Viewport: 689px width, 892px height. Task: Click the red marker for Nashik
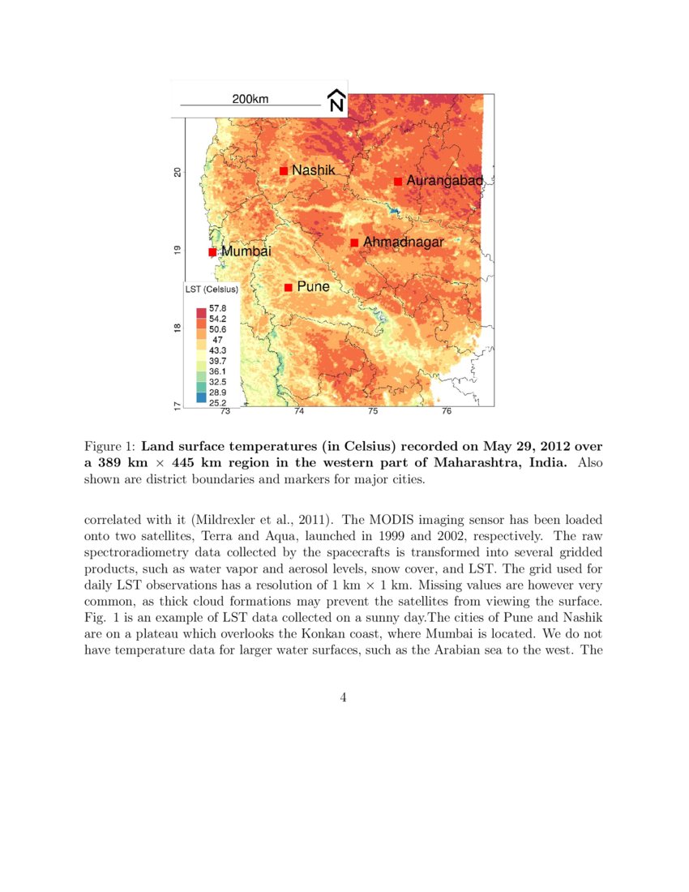tap(284, 170)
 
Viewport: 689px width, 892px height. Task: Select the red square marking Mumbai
tap(212, 252)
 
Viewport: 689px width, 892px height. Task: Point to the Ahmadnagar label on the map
tap(403, 242)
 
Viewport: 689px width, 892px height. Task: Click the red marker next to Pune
tap(288, 287)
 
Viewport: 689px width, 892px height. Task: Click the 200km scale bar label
tap(250, 99)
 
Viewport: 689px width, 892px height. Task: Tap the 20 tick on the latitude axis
tap(178, 172)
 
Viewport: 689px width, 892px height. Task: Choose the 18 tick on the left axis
tap(178, 328)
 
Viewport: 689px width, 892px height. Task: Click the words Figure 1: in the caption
tap(110, 446)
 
